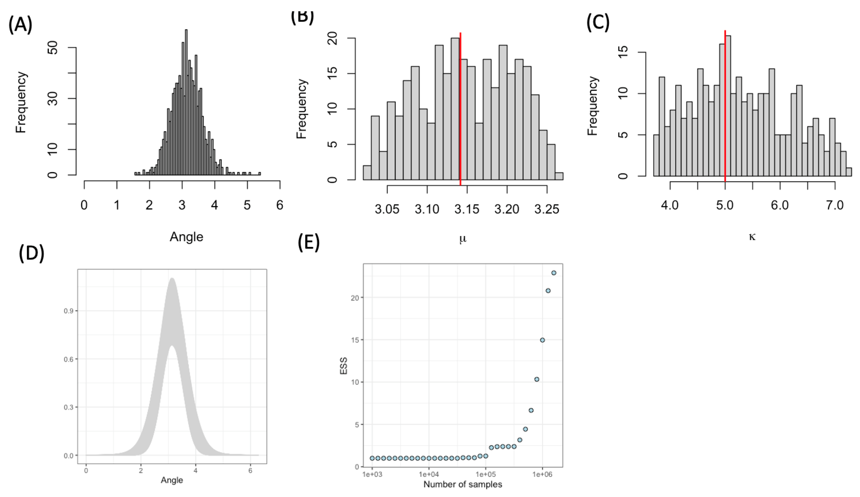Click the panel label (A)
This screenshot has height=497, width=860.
20,25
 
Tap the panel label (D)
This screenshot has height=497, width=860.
31,254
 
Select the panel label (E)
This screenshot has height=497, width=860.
309,243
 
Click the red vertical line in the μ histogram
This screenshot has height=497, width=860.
460,109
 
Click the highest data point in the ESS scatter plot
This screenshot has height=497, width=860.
554,273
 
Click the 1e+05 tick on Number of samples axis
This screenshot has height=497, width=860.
485,474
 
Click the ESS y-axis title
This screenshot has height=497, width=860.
344,366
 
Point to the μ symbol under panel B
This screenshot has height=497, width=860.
462,239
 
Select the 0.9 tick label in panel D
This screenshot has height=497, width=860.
69,311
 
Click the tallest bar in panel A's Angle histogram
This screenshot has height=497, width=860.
186,102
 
